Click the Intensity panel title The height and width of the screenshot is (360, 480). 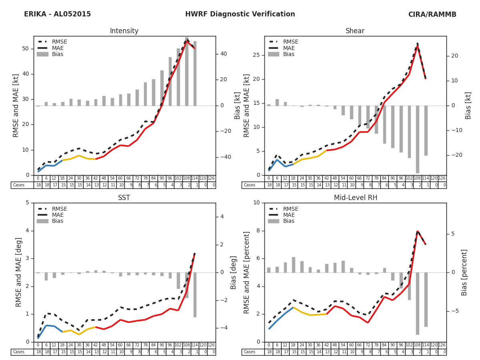tap(124, 31)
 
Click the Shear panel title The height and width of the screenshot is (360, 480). tap(355, 31)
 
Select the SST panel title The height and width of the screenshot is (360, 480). tap(124, 198)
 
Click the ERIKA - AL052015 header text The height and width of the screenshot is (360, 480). tap(57, 14)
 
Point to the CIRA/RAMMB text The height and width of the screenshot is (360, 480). tap(432, 14)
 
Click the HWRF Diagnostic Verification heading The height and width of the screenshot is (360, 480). tap(240, 14)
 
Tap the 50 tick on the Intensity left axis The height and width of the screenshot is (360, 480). tap(26, 49)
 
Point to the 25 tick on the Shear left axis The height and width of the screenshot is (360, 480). tap(256, 55)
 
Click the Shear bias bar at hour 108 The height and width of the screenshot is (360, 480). tap(418, 139)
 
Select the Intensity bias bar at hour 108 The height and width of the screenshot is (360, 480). tap(187, 72)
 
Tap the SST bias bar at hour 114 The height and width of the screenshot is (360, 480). tap(195, 295)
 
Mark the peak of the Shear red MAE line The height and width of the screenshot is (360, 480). tap(418, 46)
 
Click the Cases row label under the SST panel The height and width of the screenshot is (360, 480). tap(19, 352)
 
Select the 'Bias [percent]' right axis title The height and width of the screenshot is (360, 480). tap(464, 272)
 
